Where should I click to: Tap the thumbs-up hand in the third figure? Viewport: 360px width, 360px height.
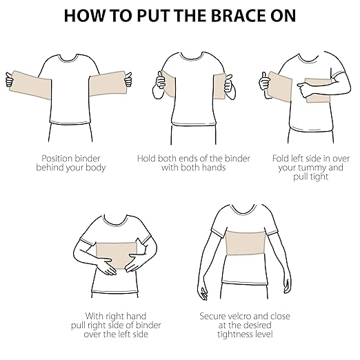(263, 82)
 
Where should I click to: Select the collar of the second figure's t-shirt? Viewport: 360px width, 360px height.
(188, 54)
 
